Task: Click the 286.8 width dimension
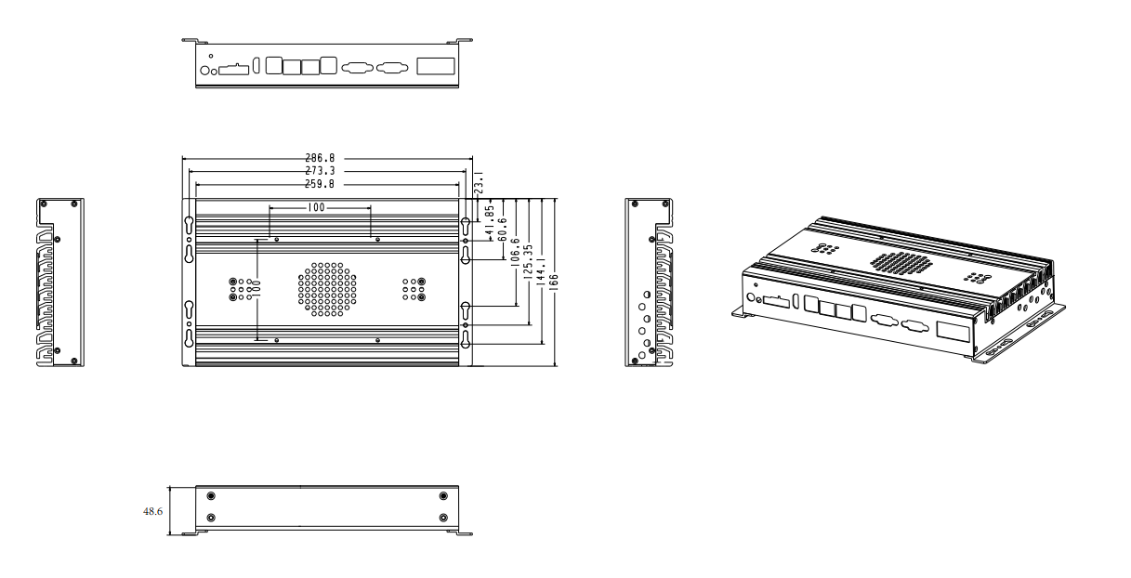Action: click(x=320, y=158)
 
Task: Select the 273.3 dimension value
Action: click(x=320, y=171)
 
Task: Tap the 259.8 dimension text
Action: click(x=320, y=184)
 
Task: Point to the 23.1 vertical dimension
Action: click(x=480, y=182)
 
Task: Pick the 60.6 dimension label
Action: click(x=503, y=230)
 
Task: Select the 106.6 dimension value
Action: click(x=516, y=252)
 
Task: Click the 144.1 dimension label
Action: click(x=541, y=271)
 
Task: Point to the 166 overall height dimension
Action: click(x=554, y=282)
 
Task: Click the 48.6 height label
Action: click(x=153, y=511)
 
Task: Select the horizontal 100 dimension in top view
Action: click(x=316, y=207)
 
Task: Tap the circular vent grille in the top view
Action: click(x=327, y=289)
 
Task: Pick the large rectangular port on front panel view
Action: click(x=436, y=66)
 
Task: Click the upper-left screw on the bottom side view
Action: click(x=211, y=495)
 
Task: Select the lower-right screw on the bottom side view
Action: click(x=443, y=518)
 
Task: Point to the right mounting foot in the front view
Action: click(x=459, y=40)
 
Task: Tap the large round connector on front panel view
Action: click(x=205, y=71)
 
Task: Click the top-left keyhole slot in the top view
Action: click(x=189, y=225)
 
